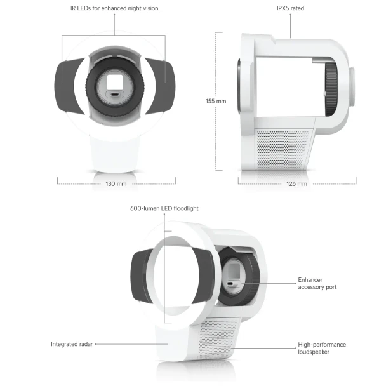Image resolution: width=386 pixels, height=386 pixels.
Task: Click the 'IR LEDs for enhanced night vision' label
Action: (114, 8)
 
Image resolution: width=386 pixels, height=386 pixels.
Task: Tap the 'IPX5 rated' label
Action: (290, 8)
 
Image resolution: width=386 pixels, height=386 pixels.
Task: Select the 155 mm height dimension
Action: (216, 101)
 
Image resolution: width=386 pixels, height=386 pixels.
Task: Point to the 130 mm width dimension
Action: (116, 183)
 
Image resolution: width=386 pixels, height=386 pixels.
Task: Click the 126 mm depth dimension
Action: (296, 183)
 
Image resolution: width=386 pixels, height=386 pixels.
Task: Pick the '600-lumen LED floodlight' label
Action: (164, 208)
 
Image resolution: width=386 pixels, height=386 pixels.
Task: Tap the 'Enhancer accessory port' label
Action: (317, 283)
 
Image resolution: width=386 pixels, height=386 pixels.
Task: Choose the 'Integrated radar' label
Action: (72, 344)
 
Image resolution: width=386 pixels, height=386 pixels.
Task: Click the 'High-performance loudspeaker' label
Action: (322, 348)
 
